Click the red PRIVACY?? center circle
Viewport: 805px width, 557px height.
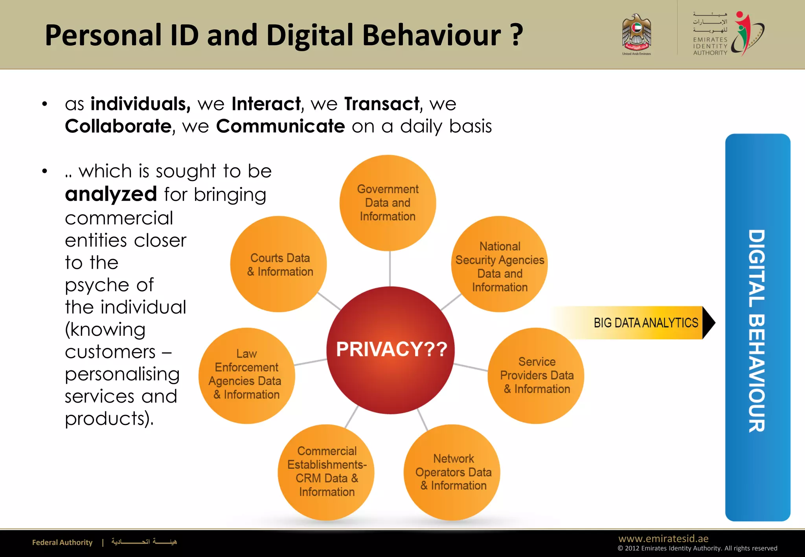(x=390, y=350)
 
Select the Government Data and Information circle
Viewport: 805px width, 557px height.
(x=388, y=203)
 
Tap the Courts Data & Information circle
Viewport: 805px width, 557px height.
(x=279, y=264)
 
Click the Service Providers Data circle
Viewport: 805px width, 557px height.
(x=536, y=376)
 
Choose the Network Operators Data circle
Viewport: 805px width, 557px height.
(x=452, y=472)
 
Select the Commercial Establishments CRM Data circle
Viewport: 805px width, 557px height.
(x=326, y=472)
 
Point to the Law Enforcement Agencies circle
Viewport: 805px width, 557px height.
(x=246, y=376)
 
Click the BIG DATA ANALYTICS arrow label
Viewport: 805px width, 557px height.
(x=645, y=323)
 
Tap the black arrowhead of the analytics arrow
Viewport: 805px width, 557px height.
(x=708, y=323)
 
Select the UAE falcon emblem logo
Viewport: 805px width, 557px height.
(x=636, y=35)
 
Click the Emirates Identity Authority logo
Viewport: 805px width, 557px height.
(x=728, y=34)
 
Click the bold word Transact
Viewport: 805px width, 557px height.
(x=382, y=104)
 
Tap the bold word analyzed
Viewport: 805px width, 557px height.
(x=111, y=194)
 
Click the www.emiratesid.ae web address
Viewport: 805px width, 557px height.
(x=663, y=539)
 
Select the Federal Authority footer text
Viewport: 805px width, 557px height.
(x=62, y=542)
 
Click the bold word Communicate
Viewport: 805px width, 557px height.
(x=280, y=126)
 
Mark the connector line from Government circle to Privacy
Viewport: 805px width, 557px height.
(x=390, y=269)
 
